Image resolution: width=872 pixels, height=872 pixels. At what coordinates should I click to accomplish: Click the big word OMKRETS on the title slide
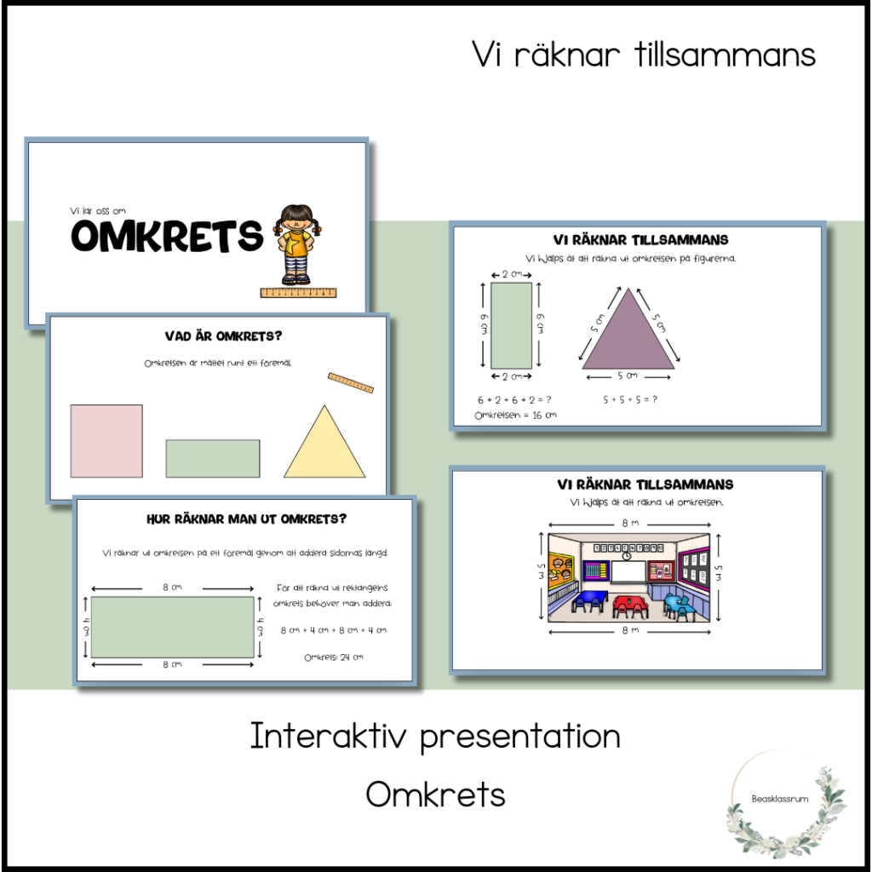pos(166,236)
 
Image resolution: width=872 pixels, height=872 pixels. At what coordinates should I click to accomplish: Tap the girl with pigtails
pos(297,244)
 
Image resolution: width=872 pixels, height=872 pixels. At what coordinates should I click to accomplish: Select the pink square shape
pos(106,440)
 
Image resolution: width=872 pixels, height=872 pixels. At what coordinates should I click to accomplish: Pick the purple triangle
pos(628,335)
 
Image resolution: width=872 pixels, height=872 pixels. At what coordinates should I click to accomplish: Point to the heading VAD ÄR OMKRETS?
pos(217,336)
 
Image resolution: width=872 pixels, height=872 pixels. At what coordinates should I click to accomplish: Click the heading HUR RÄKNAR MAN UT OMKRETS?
pos(246,519)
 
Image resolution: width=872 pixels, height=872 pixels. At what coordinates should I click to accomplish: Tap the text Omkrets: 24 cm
pos(335,657)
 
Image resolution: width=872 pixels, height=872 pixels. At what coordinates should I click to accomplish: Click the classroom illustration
pos(628,577)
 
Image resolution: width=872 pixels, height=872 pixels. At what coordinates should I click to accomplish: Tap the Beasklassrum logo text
pos(780,800)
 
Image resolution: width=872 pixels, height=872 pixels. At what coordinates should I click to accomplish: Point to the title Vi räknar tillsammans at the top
pos(644,55)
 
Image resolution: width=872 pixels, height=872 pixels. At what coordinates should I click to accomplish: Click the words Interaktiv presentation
pos(435,737)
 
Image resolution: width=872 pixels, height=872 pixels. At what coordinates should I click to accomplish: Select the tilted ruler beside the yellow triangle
pos(350,382)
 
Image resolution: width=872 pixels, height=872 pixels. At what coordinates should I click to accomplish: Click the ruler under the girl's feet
pos(298,293)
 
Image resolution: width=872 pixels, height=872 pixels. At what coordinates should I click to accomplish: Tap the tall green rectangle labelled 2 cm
pos(511,325)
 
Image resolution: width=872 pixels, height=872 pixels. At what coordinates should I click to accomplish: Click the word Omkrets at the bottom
pos(435,795)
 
